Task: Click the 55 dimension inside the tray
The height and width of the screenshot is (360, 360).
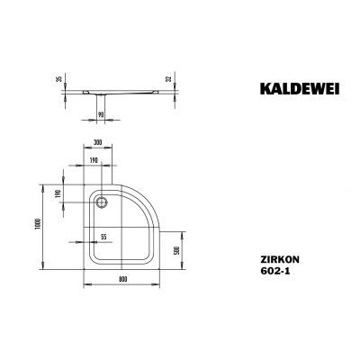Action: (104, 236)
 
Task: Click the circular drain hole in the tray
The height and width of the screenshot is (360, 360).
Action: (100, 203)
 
